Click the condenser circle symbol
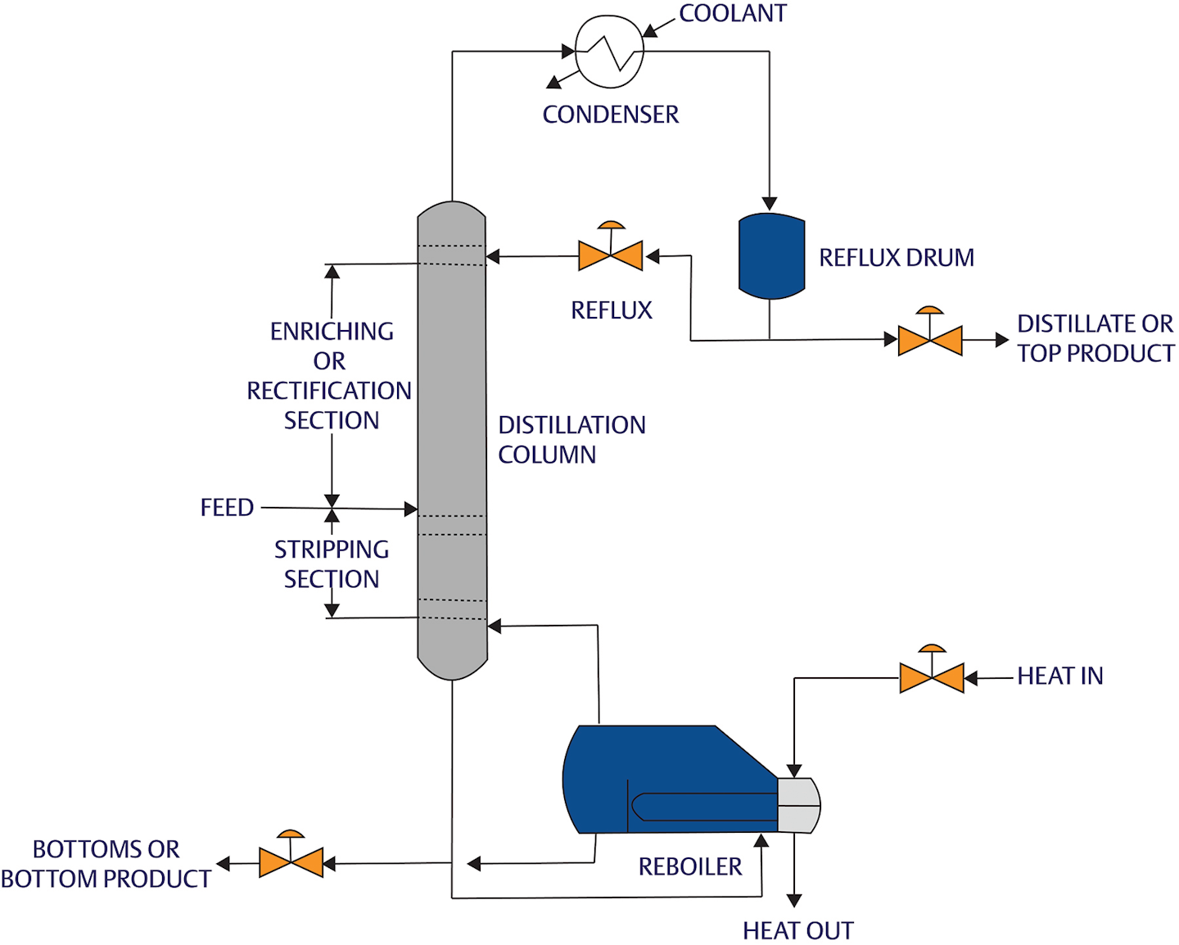(x=609, y=51)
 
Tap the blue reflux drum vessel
(x=771, y=256)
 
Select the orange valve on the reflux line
(x=610, y=255)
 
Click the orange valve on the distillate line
(x=929, y=340)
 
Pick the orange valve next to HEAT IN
(x=931, y=678)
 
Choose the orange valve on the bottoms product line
(x=291, y=862)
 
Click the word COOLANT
(x=732, y=13)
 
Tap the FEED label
(x=227, y=508)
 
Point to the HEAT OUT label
(x=797, y=930)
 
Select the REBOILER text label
(x=689, y=866)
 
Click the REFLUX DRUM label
(x=897, y=258)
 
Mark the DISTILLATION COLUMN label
(x=571, y=440)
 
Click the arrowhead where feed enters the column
(x=411, y=509)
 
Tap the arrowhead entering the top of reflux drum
(x=769, y=203)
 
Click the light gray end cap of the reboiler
(x=798, y=805)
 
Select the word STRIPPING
(x=331, y=549)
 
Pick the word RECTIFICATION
(x=329, y=391)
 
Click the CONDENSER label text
(x=610, y=115)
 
